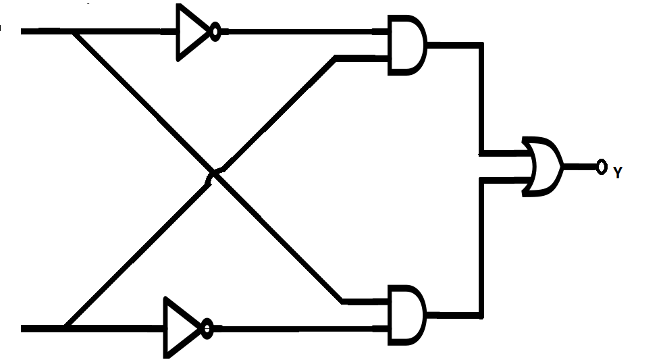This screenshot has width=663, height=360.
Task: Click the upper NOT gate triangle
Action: pos(191,32)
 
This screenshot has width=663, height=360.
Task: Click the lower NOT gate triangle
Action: pos(180,327)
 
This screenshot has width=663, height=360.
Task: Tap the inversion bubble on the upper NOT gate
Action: pos(215,32)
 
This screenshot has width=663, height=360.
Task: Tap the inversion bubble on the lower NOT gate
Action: pos(207,328)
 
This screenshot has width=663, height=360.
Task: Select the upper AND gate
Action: pos(406,45)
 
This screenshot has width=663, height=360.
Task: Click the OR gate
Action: pos(543,167)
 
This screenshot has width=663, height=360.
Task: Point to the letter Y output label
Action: pos(618,173)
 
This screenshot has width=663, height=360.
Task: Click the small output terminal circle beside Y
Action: pos(602,167)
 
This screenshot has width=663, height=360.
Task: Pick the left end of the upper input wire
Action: pos(22,31)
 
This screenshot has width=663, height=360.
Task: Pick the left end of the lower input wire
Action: pos(22,328)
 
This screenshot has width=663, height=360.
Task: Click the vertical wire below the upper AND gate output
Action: pos(481,98)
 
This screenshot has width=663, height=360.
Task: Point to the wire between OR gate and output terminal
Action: pos(579,167)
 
